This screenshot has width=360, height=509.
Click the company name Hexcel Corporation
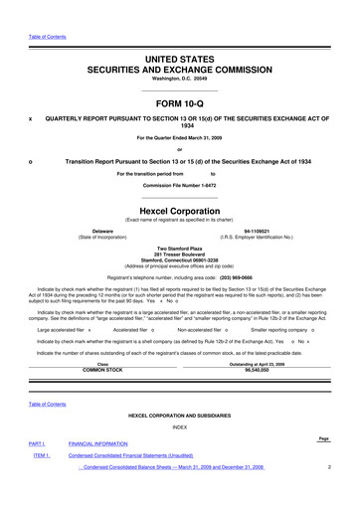(179, 210)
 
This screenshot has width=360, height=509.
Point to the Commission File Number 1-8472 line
(179, 186)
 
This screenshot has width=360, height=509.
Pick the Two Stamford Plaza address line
(179, 250)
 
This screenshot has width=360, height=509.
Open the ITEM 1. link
(42, 483)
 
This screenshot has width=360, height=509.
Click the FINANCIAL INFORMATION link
(112, 471)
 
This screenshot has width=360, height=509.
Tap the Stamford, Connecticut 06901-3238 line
(179, 261)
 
